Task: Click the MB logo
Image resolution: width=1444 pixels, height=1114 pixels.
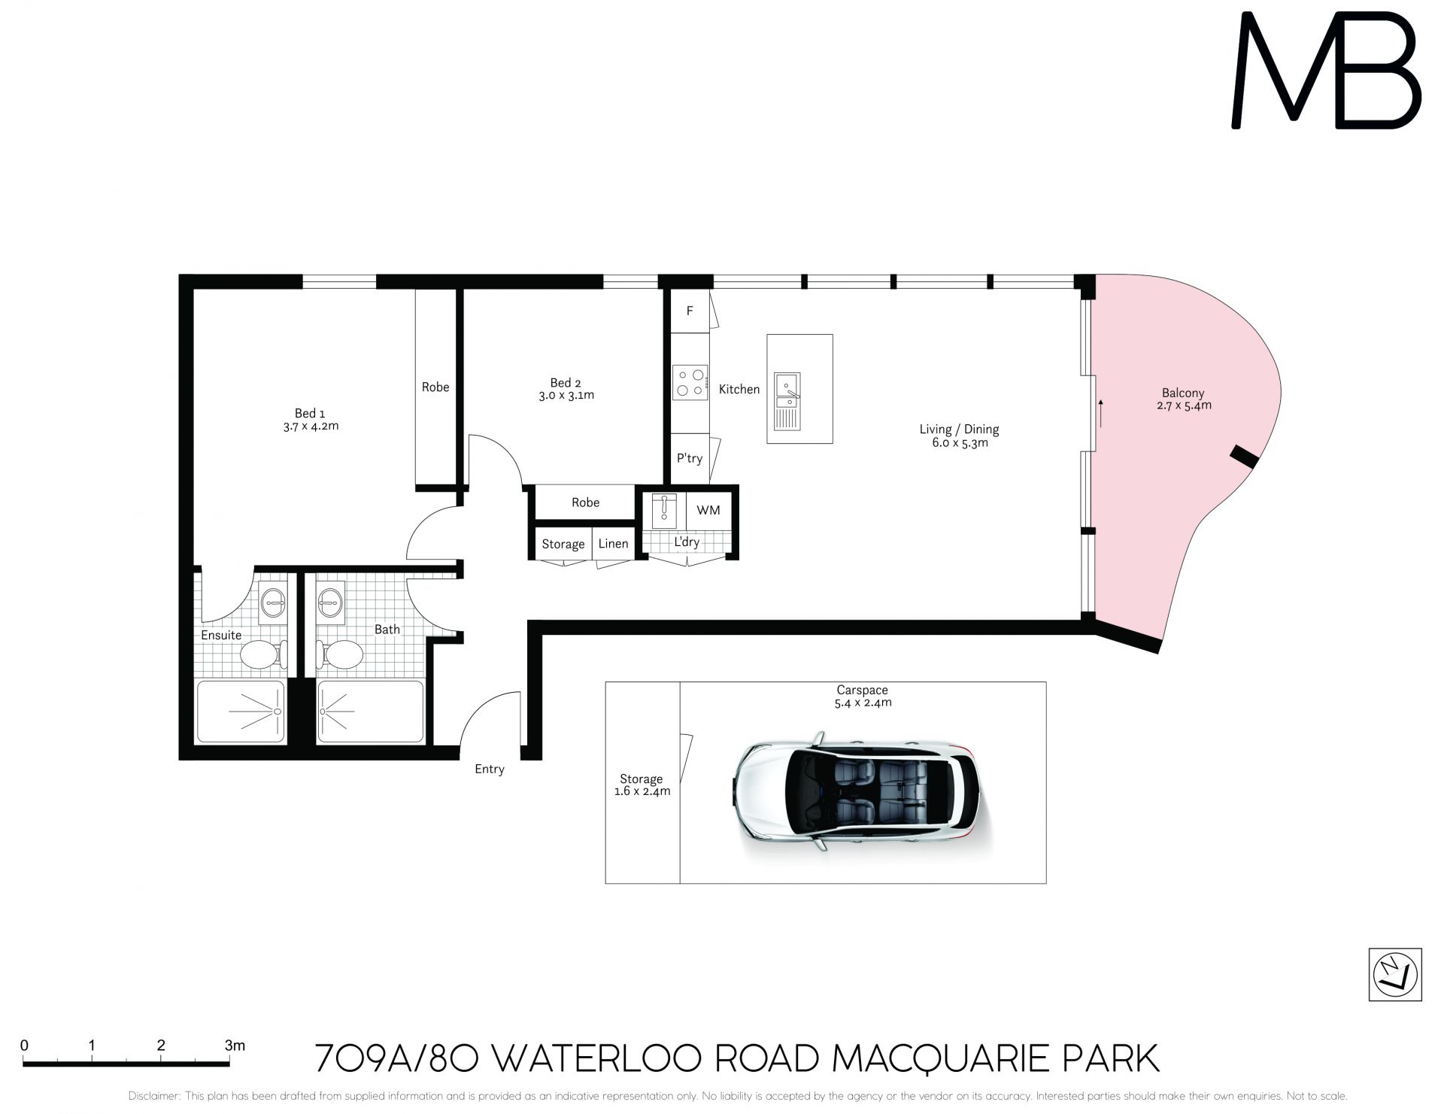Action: tap(1326, 70)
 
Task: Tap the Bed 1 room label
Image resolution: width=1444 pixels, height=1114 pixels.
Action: tap(310, 413)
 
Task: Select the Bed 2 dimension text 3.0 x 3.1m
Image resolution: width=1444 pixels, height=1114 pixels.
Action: tap(566, 396)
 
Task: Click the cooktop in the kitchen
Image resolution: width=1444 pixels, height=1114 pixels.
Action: tap(690, 382)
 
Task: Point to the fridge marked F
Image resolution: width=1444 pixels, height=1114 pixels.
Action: tap(690, 311)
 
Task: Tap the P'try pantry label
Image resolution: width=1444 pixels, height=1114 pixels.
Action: tap(689, 458)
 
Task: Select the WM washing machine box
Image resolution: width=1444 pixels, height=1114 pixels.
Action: tap(708, 510)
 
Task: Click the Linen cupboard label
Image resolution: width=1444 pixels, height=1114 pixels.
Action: tap(613, 544)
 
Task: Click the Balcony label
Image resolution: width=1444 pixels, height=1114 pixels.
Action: tap(1183, 393)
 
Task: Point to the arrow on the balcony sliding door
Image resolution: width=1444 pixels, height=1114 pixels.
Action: tap(1101, 414)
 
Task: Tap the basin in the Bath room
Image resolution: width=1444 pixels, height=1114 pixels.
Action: tap(329, 603)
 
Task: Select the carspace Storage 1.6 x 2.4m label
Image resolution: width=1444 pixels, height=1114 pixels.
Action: tap(642, 785)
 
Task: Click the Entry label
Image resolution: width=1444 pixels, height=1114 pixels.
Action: tap(489, 769)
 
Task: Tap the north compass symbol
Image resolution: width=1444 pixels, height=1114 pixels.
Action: tap(1395, 975)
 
